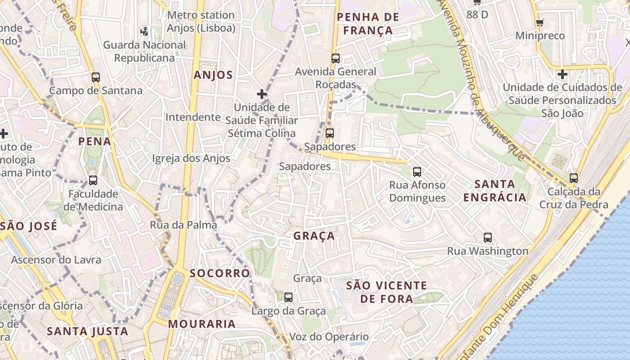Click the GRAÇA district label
(314, 236)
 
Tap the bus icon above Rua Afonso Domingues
(417, 171)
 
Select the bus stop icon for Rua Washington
(488, 238)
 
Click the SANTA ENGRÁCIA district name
(495, 191)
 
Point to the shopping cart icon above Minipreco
(540, 22)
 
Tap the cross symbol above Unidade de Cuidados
(562, 74)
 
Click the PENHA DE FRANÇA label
(368, 24)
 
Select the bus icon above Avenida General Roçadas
(336, 58)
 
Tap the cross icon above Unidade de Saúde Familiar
(262, 94)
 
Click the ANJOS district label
(213, 75)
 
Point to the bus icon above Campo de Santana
(96, 77)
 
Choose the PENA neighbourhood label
(94, 141)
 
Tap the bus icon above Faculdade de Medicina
(93, 180)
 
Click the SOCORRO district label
(220, 273)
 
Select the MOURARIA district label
(202, 324)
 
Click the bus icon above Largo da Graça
(288, 297)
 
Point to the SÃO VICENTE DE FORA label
(387, 292)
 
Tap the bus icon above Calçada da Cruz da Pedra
(573, 178)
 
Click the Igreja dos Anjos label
(191, 158)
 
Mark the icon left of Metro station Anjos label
(144, 31)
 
